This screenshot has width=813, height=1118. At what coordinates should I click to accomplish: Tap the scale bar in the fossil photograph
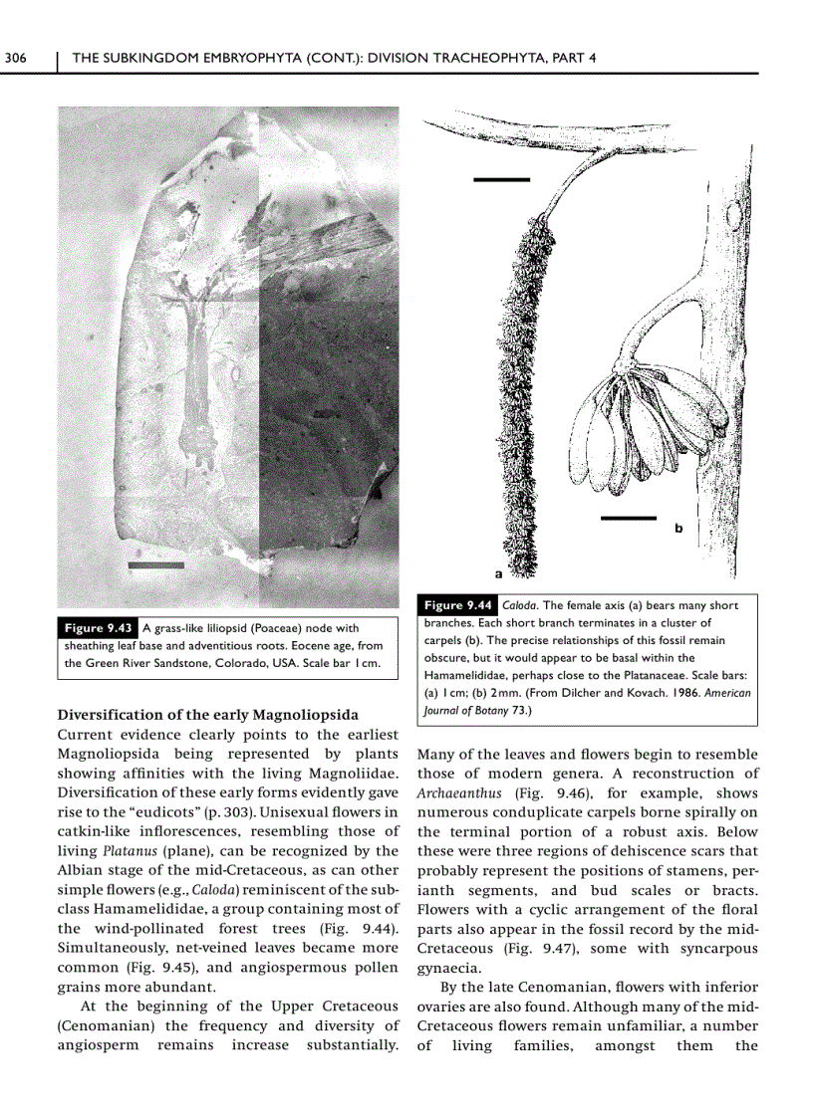pos(156,565)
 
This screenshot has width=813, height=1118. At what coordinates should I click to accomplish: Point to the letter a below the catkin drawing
pos(498,573)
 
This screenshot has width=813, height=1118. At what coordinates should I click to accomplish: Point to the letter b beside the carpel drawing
pos(678,529)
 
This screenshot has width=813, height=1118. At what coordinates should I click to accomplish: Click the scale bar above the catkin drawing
pos(501,180)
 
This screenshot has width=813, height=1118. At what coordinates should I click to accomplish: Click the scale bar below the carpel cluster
pos(629,518)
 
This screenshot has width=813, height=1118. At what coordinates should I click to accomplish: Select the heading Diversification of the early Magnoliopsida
pos(208,715)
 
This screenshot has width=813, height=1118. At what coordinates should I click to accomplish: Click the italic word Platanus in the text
pos(124,851)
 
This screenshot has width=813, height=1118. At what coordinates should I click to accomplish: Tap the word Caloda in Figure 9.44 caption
pos(520,604)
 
